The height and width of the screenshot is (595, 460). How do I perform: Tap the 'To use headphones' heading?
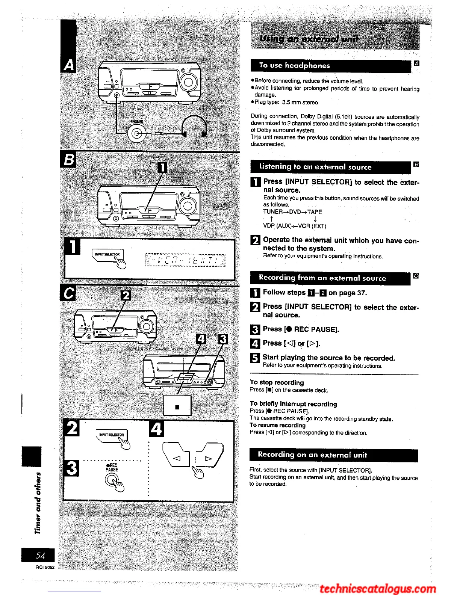[x=294, y=65]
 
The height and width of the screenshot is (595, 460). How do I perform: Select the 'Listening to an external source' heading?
[x=315, y=167]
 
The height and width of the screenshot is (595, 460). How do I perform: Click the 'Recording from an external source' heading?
[x=322, y=278]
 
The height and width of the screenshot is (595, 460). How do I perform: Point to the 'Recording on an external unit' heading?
[x=312, y=455]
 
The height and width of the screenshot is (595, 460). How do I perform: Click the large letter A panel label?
[x=68, y=65]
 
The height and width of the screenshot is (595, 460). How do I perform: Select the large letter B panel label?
[x=68, y=160]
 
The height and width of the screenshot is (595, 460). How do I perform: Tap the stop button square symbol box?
[x=177, y=407]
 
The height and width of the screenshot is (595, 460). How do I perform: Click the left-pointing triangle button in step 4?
[x=176, y=458]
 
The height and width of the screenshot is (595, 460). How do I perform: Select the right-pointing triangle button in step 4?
[x=208, y=458]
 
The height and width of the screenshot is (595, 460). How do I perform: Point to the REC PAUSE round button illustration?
[x=112, y=480]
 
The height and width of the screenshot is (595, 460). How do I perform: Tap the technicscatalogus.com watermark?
[x=378, y=589]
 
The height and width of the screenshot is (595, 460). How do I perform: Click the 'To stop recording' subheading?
[x=277, y=382]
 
